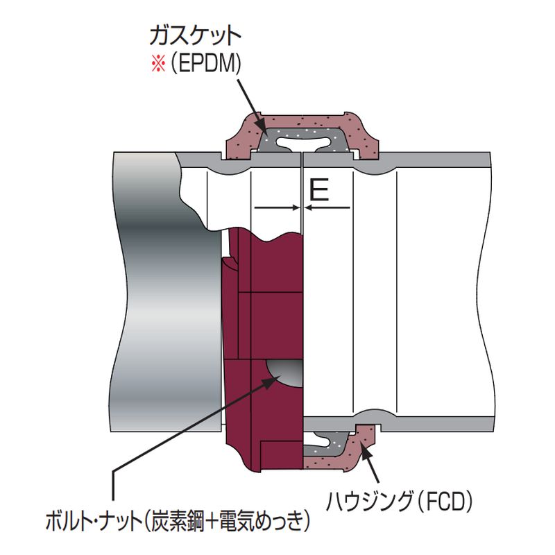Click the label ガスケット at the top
(x=196, y=35)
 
